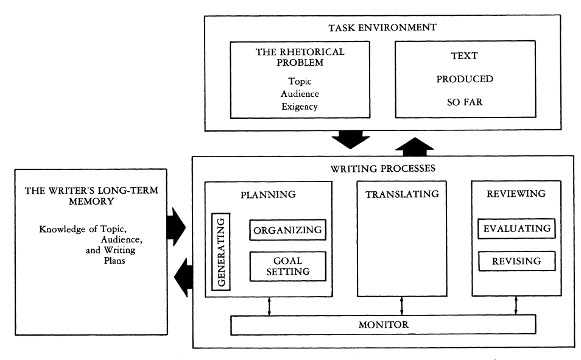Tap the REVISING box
point(516,261)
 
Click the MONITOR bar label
point(383,325)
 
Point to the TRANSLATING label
point(401,195)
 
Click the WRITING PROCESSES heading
point(383,168)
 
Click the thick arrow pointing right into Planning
point(181,226)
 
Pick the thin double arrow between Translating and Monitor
point(401,306)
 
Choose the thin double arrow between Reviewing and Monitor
point(516,306)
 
